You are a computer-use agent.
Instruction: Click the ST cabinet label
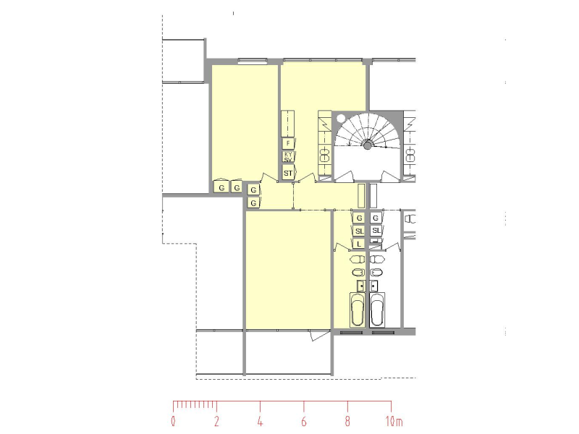pyautogui.click(x=288, y=173)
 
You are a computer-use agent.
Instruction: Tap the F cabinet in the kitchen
pyautogui.click(x=288, y=143)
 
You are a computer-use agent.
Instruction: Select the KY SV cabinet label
pyautogui.click(x=288, y=157)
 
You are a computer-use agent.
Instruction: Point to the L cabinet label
pyautogui.click(x=359, y=244)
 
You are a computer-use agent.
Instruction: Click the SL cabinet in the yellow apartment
pyautogui.click(x=359, y=231)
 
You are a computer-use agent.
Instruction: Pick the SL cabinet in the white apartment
pyautogui.click(x=376, y=231)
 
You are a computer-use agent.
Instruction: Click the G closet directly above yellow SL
pyautogui.click(x=359, y=218)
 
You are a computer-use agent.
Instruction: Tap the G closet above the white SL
pyautogui.click(x=376, y=218)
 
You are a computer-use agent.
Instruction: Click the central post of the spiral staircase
pyautogui.click(x=368, y=146)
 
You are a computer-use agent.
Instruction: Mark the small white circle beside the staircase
pyautogui.click(x=340, y=119)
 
